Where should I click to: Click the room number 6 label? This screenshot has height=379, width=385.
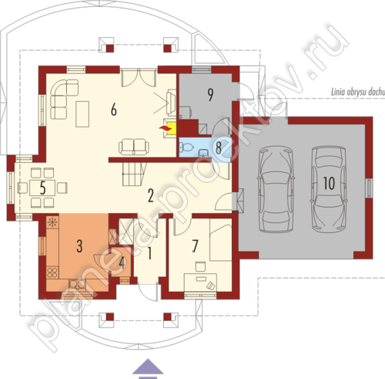(114, 110)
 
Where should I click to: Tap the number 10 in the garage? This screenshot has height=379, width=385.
(329, 183)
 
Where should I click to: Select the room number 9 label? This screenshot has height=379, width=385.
(210, 94)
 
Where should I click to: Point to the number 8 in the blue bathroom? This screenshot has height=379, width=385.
(219, 148)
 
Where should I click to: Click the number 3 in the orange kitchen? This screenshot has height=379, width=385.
(79, 246)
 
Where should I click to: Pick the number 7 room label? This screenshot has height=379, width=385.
(195, 246)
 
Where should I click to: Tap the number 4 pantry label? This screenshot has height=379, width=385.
(122, 263)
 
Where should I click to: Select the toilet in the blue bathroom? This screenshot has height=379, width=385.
(186, 147)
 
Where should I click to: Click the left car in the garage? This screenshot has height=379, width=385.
(276, 190)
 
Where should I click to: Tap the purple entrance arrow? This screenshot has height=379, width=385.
(148, 368)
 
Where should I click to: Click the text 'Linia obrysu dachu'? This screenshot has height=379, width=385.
(358, 92)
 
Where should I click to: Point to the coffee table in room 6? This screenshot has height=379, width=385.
(82, 114)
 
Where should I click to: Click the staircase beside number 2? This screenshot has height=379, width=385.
(134, 174)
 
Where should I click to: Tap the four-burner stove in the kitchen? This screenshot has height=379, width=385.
(52, 272)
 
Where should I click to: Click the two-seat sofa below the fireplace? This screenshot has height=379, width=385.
(133, 147)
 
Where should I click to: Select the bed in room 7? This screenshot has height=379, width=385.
(221, 239)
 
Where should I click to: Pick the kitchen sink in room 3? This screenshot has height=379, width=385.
(77, 284)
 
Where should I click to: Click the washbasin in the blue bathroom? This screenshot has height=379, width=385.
(203, 153)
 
